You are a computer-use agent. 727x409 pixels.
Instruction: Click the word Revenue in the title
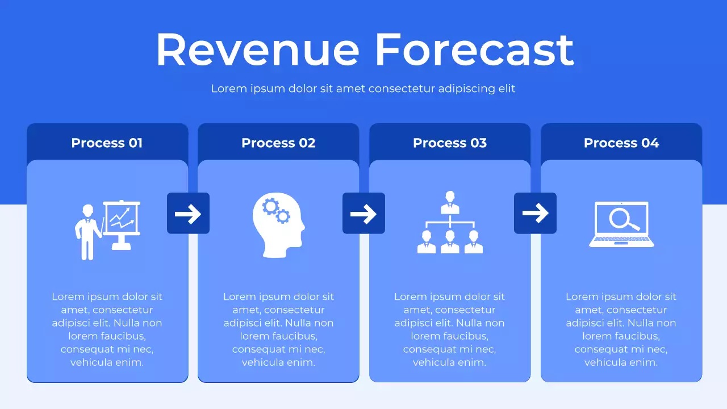[x=257, y=49]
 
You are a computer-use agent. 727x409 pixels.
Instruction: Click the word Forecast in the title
[x=474, y=49]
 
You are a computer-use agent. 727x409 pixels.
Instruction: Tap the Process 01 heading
[x=107, y=143]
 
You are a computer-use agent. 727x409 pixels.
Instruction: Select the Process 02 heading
[x=278, y=143]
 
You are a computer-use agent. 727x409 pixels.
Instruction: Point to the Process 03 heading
[x=450, y=143]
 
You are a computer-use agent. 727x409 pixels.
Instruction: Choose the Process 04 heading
[x=621, y=143]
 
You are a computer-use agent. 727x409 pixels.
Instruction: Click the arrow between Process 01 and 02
[x=188, y=214]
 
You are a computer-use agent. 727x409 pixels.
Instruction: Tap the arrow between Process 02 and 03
[x=363, y=214]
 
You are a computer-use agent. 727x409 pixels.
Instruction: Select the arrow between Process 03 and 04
[x=535, y=214]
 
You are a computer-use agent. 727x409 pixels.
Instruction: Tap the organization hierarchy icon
[x=450, y=222]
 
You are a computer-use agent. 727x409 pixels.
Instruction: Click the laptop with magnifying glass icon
[x=621, y=224]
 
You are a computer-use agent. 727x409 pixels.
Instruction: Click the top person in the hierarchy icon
[x=450, y=201]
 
